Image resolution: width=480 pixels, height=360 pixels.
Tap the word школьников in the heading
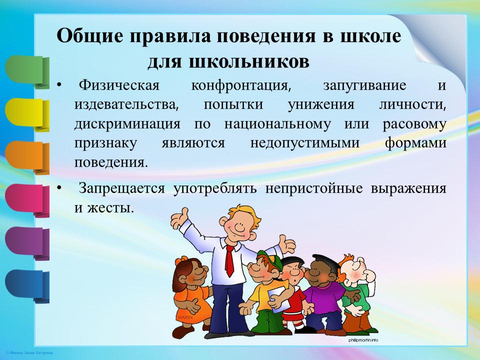(249, 62)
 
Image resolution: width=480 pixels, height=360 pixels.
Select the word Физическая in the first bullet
(119, 85)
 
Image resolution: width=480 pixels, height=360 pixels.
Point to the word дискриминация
(127, 124)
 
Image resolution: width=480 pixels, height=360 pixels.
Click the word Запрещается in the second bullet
(121, 188)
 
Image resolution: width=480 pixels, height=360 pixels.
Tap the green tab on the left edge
(27, 71)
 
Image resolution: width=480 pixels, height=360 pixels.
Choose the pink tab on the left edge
(27, 200)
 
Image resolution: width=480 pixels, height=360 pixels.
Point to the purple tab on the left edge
(27, 243)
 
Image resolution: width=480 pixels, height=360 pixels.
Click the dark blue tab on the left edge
(27, 286)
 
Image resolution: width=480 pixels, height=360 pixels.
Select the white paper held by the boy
(278, 299)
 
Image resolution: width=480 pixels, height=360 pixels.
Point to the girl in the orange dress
(190, 297)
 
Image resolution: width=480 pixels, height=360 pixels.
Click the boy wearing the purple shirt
(325, 294)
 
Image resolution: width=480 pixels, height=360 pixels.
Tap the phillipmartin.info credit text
(363, 340)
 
